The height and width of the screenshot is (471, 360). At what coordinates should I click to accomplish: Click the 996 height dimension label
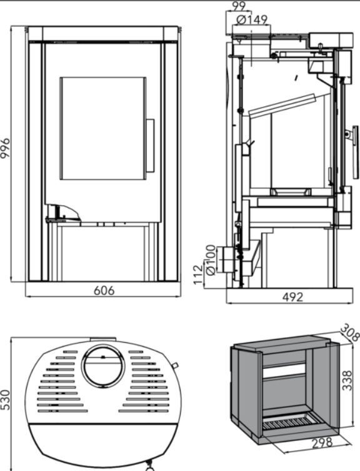coord(5,148)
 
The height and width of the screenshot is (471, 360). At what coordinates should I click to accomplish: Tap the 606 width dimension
coord(104,291)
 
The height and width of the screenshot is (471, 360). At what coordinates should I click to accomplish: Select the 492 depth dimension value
coord(292,297)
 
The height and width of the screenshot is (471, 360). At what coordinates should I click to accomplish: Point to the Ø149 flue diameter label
coord(252,20)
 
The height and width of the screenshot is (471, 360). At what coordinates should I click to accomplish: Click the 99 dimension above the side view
coord(239,6)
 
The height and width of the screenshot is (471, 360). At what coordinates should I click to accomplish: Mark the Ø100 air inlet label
coord(211,260)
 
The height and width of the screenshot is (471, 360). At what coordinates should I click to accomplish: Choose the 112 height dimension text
coord(198,274)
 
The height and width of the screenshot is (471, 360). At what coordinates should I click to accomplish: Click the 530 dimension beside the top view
coord(6,400)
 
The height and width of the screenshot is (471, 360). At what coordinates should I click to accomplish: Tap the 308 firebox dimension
coord(349,332)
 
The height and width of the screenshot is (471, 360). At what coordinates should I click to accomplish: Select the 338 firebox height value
coord(347,380)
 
